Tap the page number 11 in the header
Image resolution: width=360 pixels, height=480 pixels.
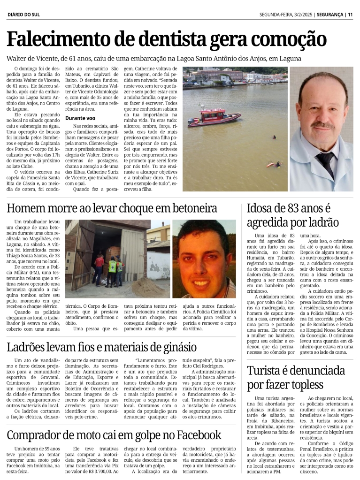(350, 15)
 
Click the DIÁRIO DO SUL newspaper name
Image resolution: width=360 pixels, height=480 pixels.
(23, 15)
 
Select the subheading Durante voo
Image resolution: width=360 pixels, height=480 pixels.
(80, 118)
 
